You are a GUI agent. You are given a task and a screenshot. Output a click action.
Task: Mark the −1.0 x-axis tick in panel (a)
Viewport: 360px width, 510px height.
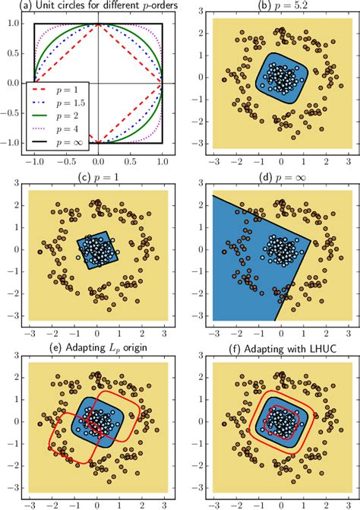[x=33, y=162]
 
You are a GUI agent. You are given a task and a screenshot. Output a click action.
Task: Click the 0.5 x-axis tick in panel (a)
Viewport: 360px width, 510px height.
[x=130, y=162]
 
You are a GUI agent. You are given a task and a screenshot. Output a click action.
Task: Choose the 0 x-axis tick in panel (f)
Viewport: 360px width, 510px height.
[x=281, y=504]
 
